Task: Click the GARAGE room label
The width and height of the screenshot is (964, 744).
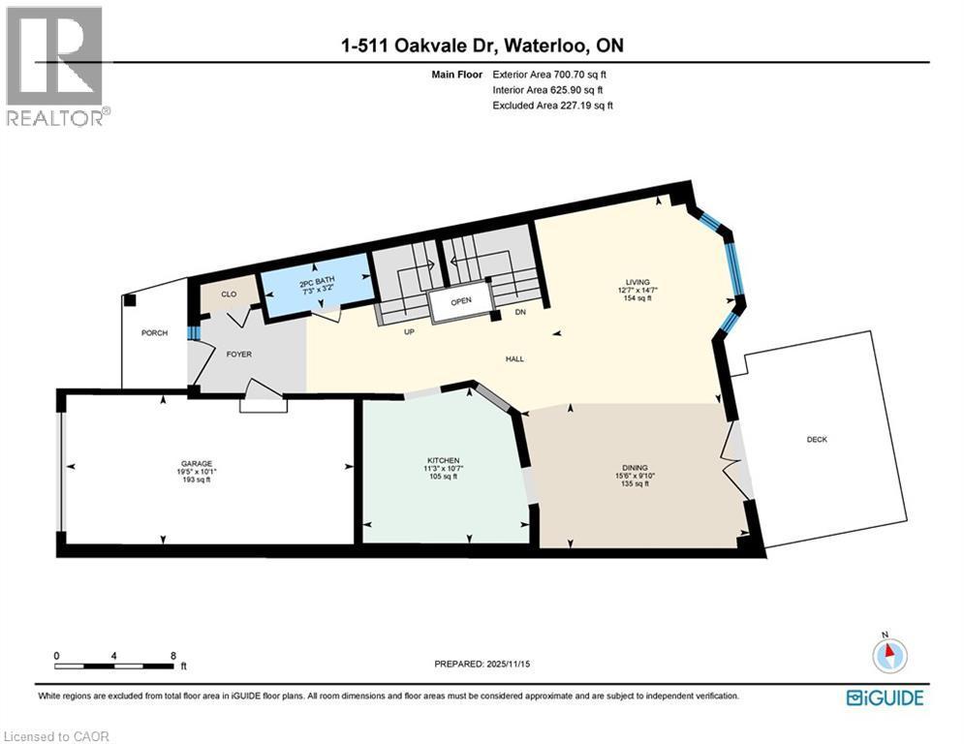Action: click(195, 463)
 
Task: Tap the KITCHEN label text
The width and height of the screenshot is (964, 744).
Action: click(443, 459)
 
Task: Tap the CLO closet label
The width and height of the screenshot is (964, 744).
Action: click(230, 294)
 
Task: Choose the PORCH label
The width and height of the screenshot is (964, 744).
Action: click(154, 332)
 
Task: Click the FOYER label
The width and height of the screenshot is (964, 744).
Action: click(238, 355)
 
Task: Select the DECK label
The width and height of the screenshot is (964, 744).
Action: click(818, 439)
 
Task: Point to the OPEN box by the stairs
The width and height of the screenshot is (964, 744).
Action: click(460, 300)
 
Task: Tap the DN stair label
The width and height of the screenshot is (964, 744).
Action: click(520, 312)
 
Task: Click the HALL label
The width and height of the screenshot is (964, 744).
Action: click(514, 358)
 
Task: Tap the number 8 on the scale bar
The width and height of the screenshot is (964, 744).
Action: click(173, 655)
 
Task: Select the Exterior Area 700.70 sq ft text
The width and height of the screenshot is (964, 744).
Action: click(553, 74)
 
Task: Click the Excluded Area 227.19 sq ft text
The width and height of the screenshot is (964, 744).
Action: click(553, 105)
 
